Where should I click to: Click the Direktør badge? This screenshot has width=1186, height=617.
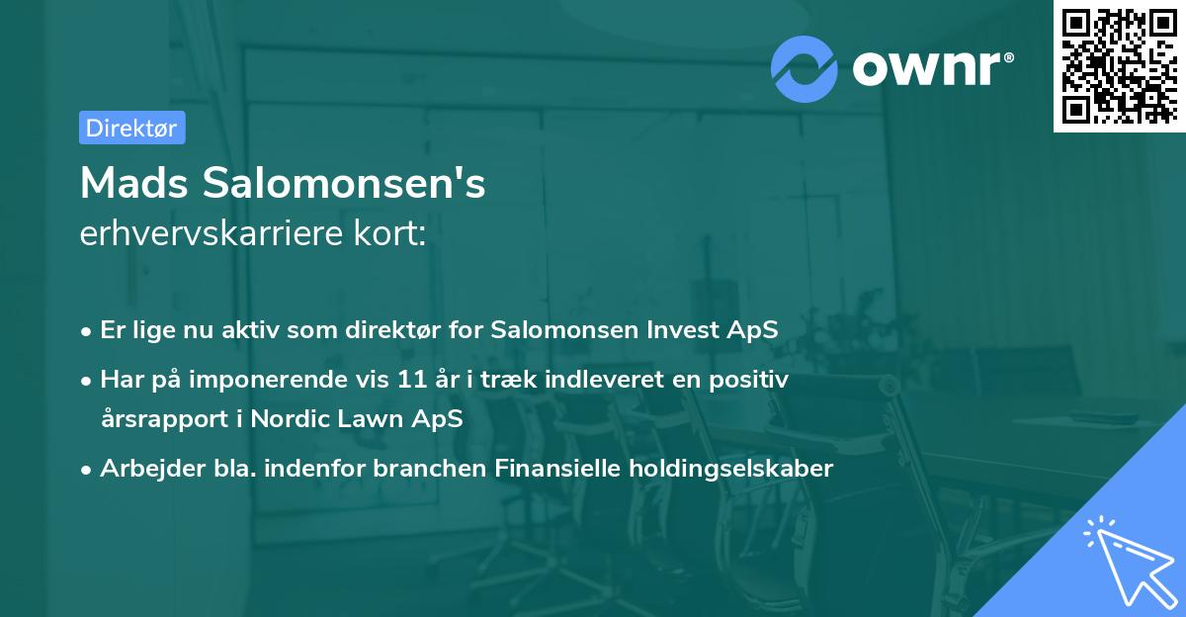(x=131, y=128)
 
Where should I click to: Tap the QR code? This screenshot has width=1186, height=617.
(x=1118, y=65)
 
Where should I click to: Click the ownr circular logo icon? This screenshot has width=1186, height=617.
(x=805, y=69)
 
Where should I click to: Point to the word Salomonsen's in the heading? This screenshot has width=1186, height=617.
(x=345, y=182)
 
